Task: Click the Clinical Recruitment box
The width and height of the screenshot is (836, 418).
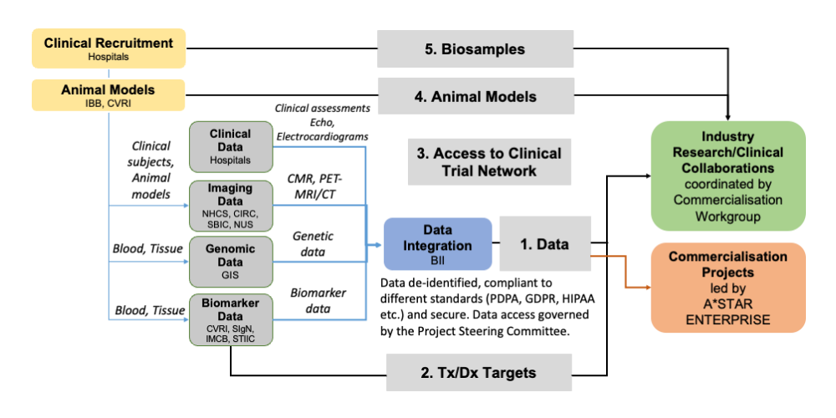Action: pyautogui.click(x=109, y=49)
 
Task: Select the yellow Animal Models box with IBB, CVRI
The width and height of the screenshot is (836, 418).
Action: pyautogui.click(x=109, y=95)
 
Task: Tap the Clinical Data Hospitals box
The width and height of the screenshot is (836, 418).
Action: pyautogui.click(x=230, y=146)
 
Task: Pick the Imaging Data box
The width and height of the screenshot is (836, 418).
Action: pyautogui.click(x=230, y=206)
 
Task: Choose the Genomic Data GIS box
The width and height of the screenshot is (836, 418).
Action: pyautogui.click(x=230, y=261)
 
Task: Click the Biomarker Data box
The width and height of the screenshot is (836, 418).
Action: pyautogui.click(x=230, y=319)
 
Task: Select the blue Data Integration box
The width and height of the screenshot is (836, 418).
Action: pyautogui.click(x=438, y=244)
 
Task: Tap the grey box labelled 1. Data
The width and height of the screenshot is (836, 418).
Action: pyautogui.click(x=545, y=244)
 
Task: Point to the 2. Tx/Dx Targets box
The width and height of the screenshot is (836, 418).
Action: pyautogui.click(x=479, y=372)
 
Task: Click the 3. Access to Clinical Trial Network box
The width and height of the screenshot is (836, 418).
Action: pyautogui.click(x=490, y=161)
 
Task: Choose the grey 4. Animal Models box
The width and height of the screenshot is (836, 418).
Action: pyautogui.click(x=476, y=96)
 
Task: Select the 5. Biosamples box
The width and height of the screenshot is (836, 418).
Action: pyautogui.click(x=475, y=49)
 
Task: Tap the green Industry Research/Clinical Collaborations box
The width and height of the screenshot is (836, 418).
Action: pyautogui.click(x=727, y=176)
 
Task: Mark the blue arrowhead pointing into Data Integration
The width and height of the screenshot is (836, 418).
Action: pyautogui.click(x=379, y=244)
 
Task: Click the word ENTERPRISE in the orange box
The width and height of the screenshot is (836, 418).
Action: pyautogui.click(x=727, y=320)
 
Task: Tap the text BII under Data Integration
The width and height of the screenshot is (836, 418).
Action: pyautogui.click(x=437, y=261)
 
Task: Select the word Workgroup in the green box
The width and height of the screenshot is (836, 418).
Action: pyautogui.click(x=727, y=216)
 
